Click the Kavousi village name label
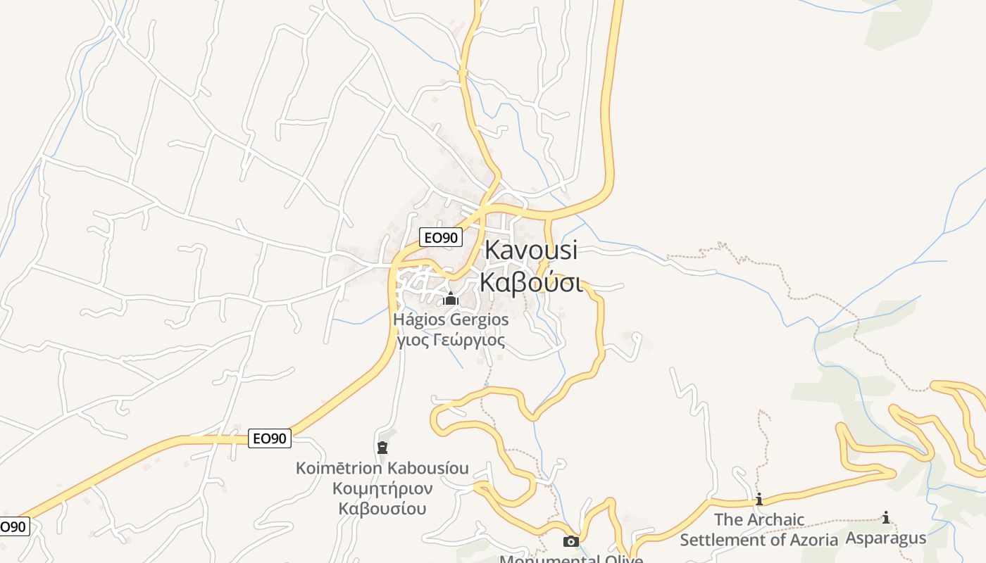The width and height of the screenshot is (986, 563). pos(530,250)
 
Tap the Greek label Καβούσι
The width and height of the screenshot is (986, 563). pos(530,281)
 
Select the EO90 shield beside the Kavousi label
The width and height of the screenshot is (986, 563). pos(441,238)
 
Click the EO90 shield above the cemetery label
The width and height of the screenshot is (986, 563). pos(270,438)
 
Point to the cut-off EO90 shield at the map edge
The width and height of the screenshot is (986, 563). pos(13,526)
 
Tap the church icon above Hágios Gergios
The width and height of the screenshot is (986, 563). pos(451,299)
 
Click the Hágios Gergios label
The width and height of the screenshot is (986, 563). pos(451,320)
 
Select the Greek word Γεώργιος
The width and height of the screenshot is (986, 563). pos(468,341)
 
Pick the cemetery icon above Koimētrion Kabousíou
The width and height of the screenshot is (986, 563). pos(382,447)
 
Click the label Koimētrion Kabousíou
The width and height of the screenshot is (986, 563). pos(382,468)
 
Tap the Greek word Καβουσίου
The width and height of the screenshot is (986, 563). pos(382,508)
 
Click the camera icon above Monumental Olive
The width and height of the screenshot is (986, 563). pos(571,541)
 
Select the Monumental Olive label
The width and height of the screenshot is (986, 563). pos(571,559)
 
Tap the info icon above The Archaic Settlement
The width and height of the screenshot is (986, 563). pos(759,500)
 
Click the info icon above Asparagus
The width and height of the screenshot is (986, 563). pos(886,518)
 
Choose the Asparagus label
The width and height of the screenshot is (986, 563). pos(886,538)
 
